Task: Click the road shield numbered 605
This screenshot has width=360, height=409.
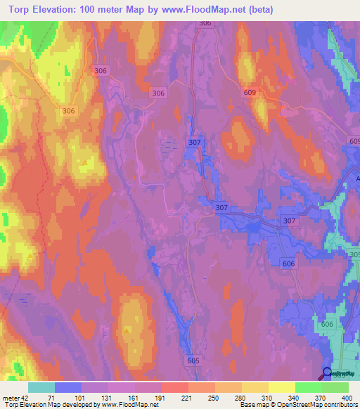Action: point(195,361)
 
